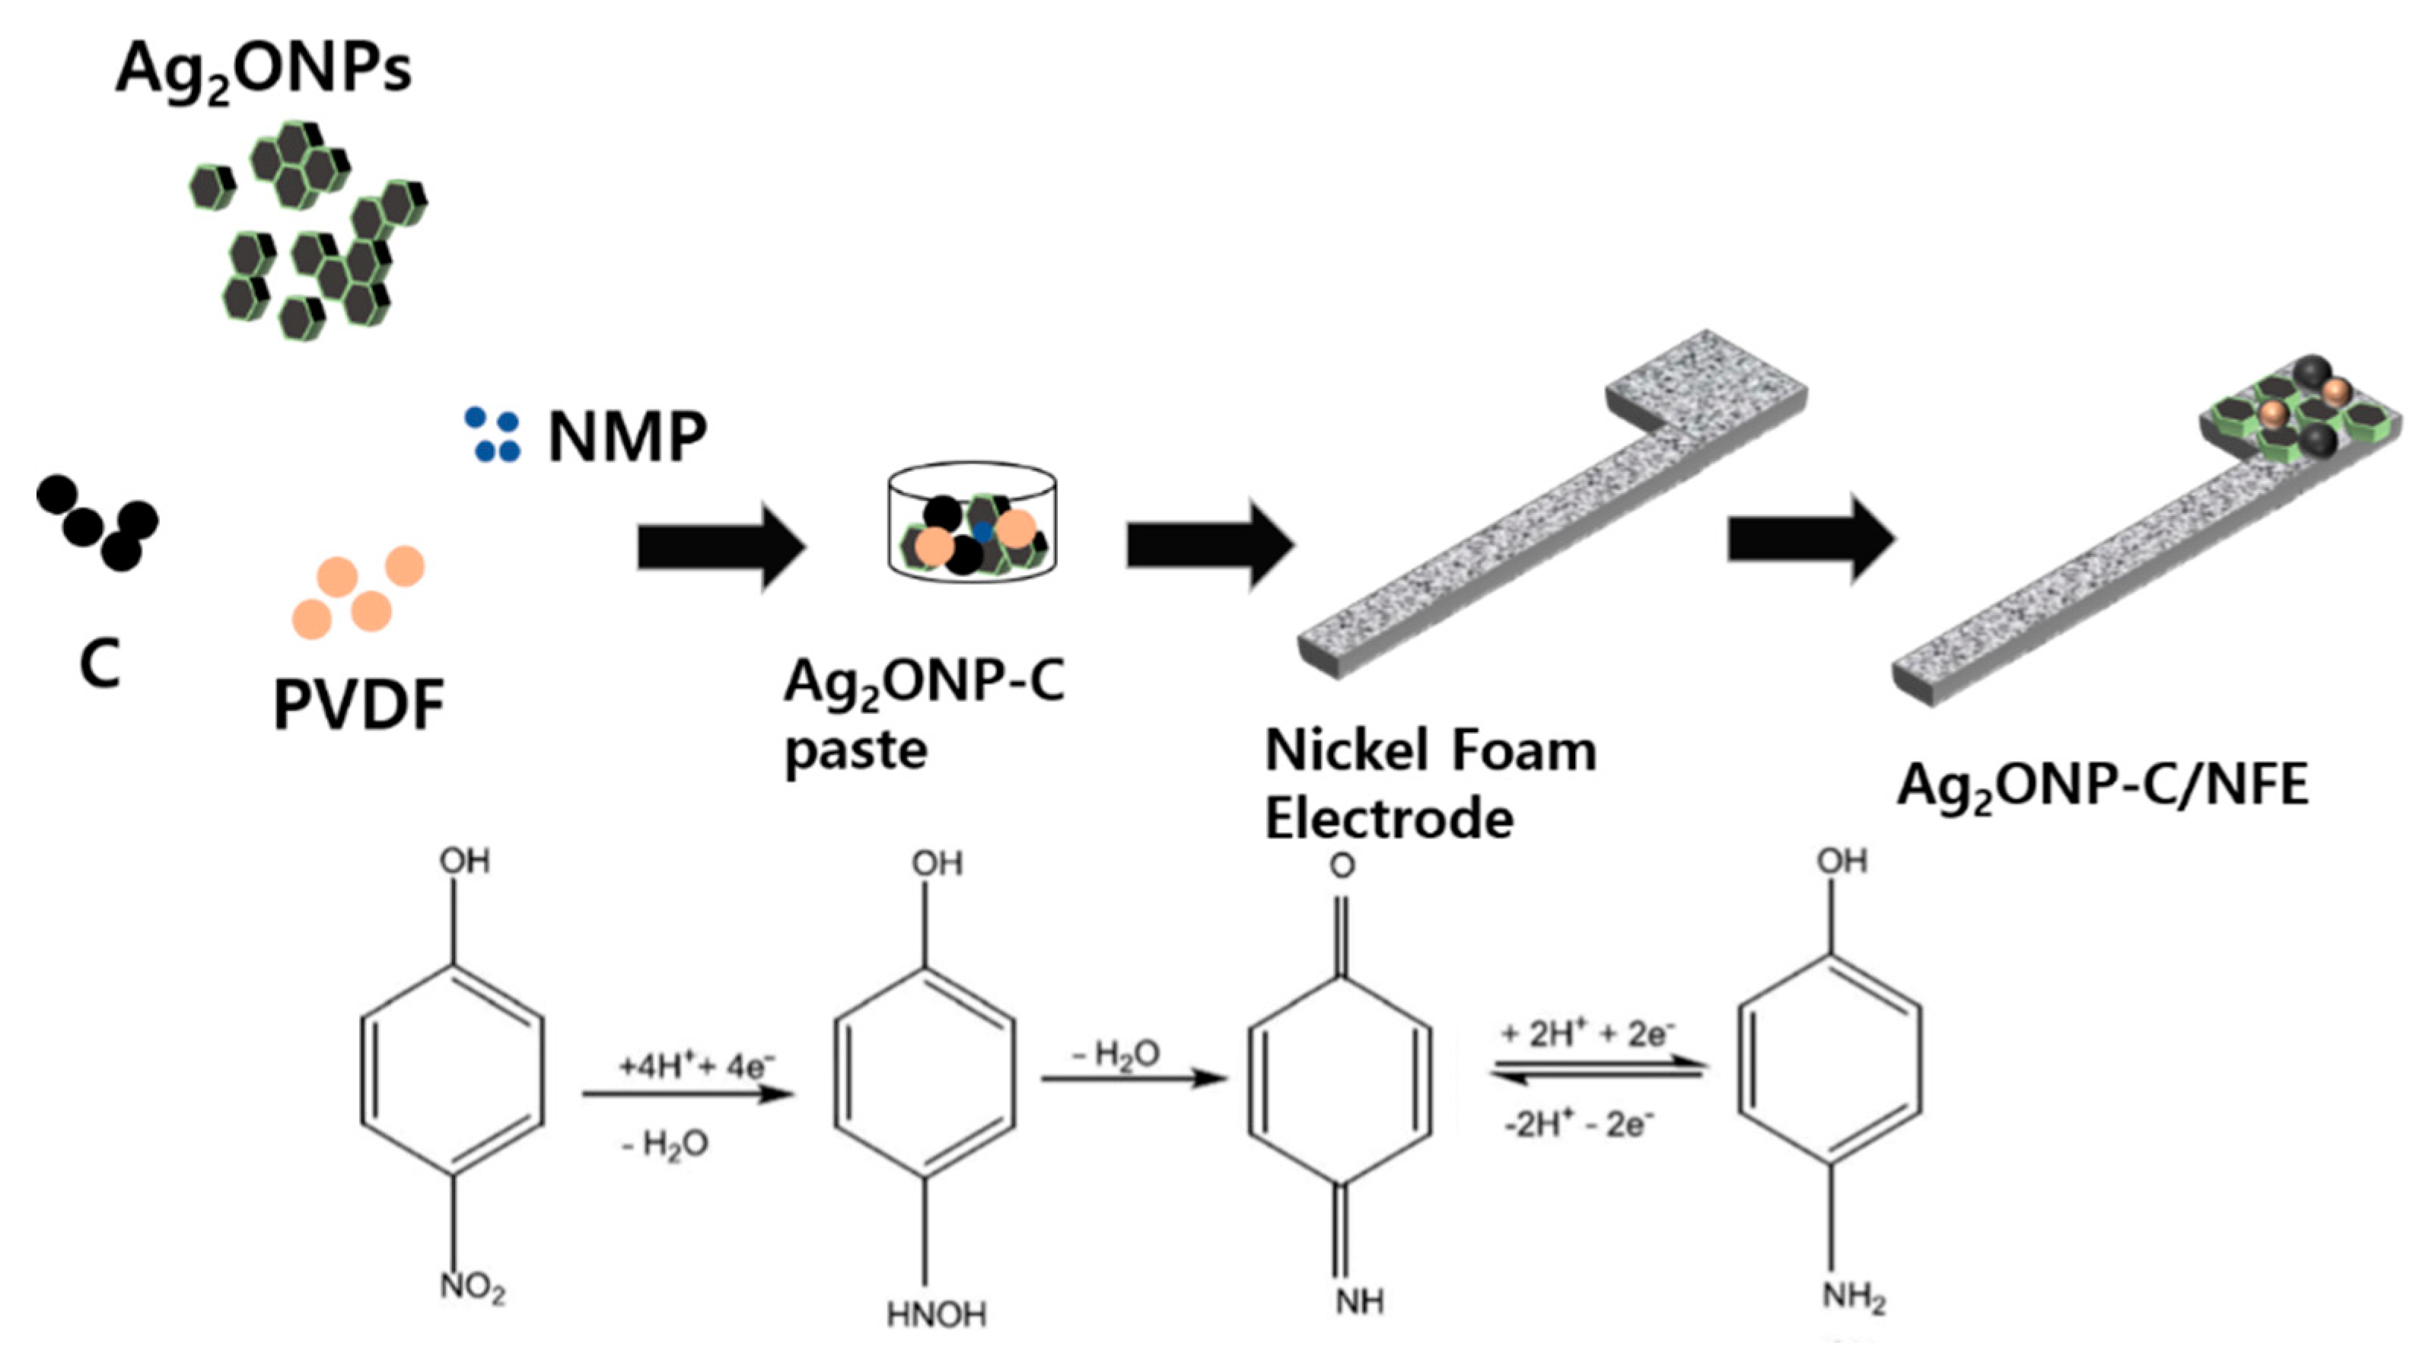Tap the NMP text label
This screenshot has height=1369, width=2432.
click(627, 437)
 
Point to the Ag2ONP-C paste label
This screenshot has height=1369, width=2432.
click(923, 714)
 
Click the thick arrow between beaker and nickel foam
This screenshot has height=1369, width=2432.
click(1208, 546)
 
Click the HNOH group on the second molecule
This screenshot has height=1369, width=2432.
click(937, 1314)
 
